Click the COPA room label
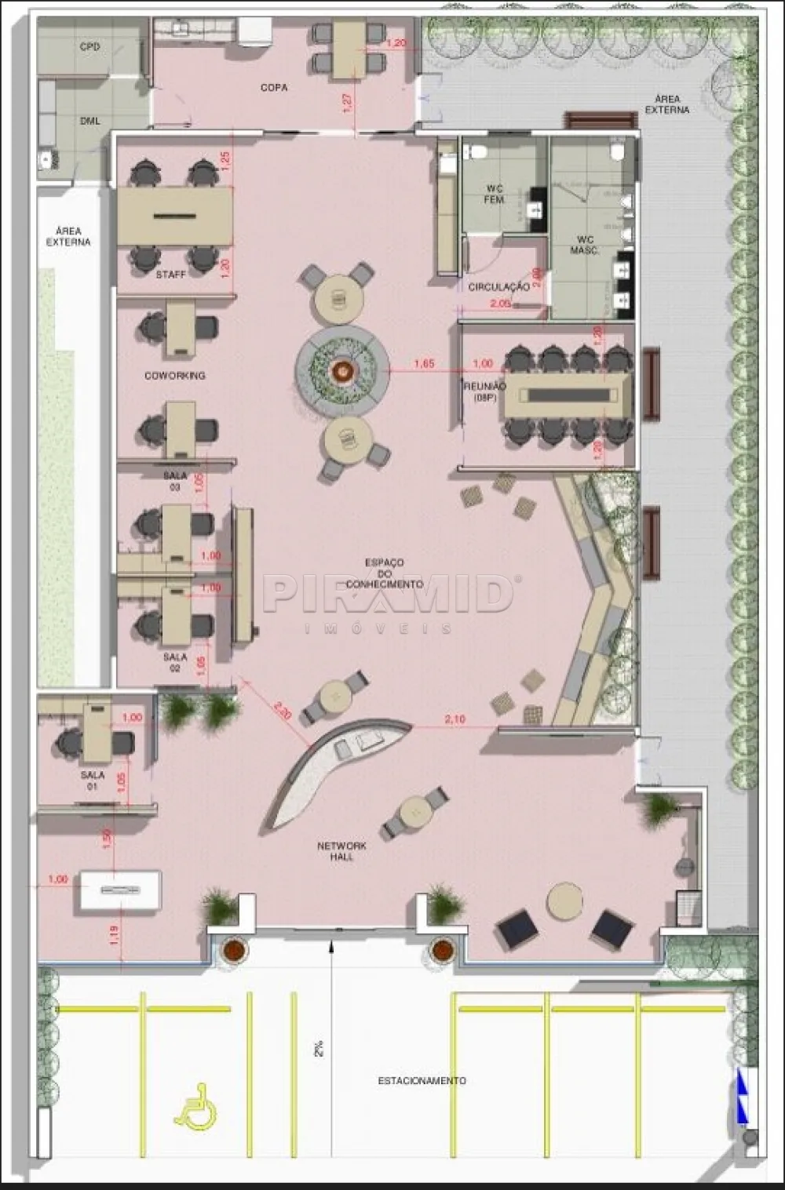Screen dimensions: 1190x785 pos(274,88)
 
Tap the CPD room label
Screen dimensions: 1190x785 pos(89,47)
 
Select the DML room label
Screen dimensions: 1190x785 pos(89,122)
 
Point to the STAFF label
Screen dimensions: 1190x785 pos(170,275)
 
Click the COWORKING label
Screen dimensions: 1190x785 pos(174,376)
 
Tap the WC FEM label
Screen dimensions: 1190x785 pos(494,195)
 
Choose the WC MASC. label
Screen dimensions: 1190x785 pos(586,245)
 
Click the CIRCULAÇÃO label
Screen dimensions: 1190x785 pos(498,287)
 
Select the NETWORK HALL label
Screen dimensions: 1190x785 pos(341,851)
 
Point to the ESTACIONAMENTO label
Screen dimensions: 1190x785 pos(422,1081)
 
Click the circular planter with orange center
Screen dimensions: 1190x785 pos(342,369)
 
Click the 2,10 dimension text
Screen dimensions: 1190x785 pos(455,719)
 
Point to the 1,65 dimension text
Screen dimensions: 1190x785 pos(424,364)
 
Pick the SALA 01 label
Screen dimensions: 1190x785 pos(92,781)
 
